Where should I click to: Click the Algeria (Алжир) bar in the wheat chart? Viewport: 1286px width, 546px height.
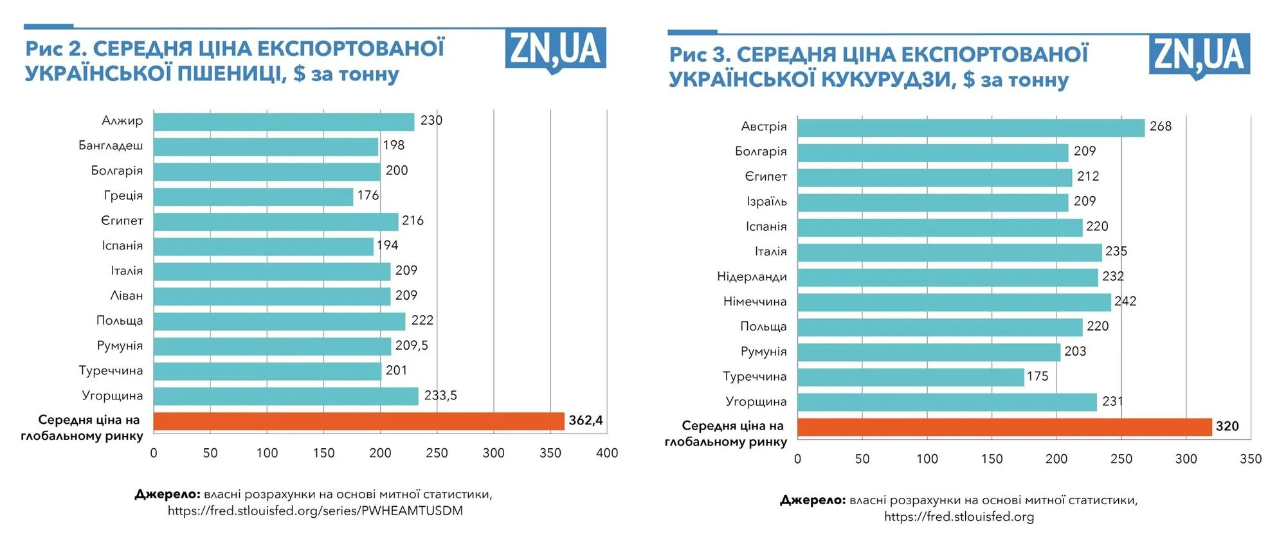(284, 122)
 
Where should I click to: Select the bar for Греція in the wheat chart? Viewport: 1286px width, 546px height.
(253, 196)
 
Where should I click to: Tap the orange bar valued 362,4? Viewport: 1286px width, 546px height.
(359, 421)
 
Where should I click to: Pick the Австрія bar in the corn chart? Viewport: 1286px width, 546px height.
(971, 127)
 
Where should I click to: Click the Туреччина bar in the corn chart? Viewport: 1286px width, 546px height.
(910, 377)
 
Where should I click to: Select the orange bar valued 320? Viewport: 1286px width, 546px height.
(1004, 427)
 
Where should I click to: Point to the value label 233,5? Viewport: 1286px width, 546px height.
(440, 396)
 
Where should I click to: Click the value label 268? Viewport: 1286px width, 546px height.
(1161, 127)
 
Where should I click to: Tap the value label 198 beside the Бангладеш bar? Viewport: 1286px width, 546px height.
(394, 145)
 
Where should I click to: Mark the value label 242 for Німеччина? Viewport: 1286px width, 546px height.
(1125, 302)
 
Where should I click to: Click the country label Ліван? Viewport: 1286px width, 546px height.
(127, 296)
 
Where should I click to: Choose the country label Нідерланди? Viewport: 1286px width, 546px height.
(752, 277)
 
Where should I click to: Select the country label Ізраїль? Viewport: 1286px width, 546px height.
(766, 202)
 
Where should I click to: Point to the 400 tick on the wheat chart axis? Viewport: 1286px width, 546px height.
(607, 453)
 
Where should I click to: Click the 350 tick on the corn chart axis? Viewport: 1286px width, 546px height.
(1251, 459)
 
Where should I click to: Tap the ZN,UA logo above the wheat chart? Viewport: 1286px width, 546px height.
(556, 50)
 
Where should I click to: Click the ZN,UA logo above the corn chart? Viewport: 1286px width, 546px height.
(1199, 55)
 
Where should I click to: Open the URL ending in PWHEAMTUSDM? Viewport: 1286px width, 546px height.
(315, 511)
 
